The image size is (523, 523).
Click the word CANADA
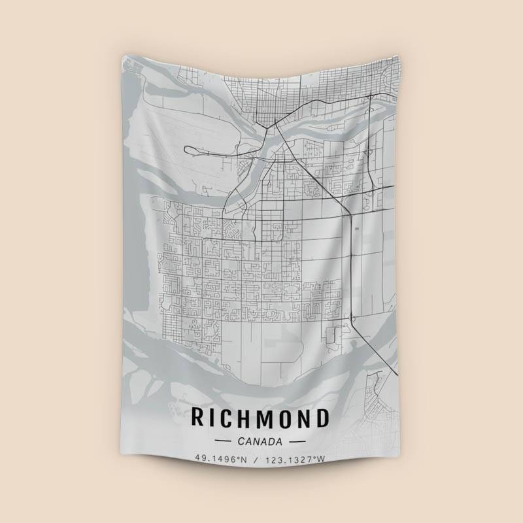pos(261,441)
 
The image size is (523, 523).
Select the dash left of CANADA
pos(224,441)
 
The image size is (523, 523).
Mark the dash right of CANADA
pos(297,441)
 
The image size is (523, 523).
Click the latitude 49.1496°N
pos(222,459)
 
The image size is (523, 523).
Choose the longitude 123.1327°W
pos(295,459)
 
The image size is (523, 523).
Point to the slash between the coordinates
pos(257,459)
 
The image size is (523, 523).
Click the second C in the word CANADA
pos(243,441)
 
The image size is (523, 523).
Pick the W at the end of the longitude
pos(321,459)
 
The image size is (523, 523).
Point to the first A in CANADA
pos(251,441)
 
